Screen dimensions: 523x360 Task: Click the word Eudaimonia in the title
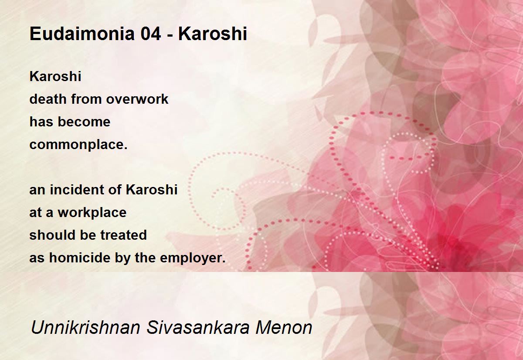(82, 34)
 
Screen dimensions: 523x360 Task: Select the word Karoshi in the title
(213, 34)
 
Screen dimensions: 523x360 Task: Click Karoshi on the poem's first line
(55, 76)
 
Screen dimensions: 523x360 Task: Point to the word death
(48, 99)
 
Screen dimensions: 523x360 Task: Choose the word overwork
(137, 99)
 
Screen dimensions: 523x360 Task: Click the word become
(84, 122)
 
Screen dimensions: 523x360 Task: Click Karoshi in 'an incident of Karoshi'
(152, 190)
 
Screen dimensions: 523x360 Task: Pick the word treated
(123, 235)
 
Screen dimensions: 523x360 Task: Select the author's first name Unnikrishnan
(85, 327)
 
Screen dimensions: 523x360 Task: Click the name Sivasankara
(198, 327)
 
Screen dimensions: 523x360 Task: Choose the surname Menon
(284, 327)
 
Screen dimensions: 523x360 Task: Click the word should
(53, 235)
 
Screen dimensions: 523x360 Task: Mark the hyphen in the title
(170, 35)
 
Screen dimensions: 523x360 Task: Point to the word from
(87, 99)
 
